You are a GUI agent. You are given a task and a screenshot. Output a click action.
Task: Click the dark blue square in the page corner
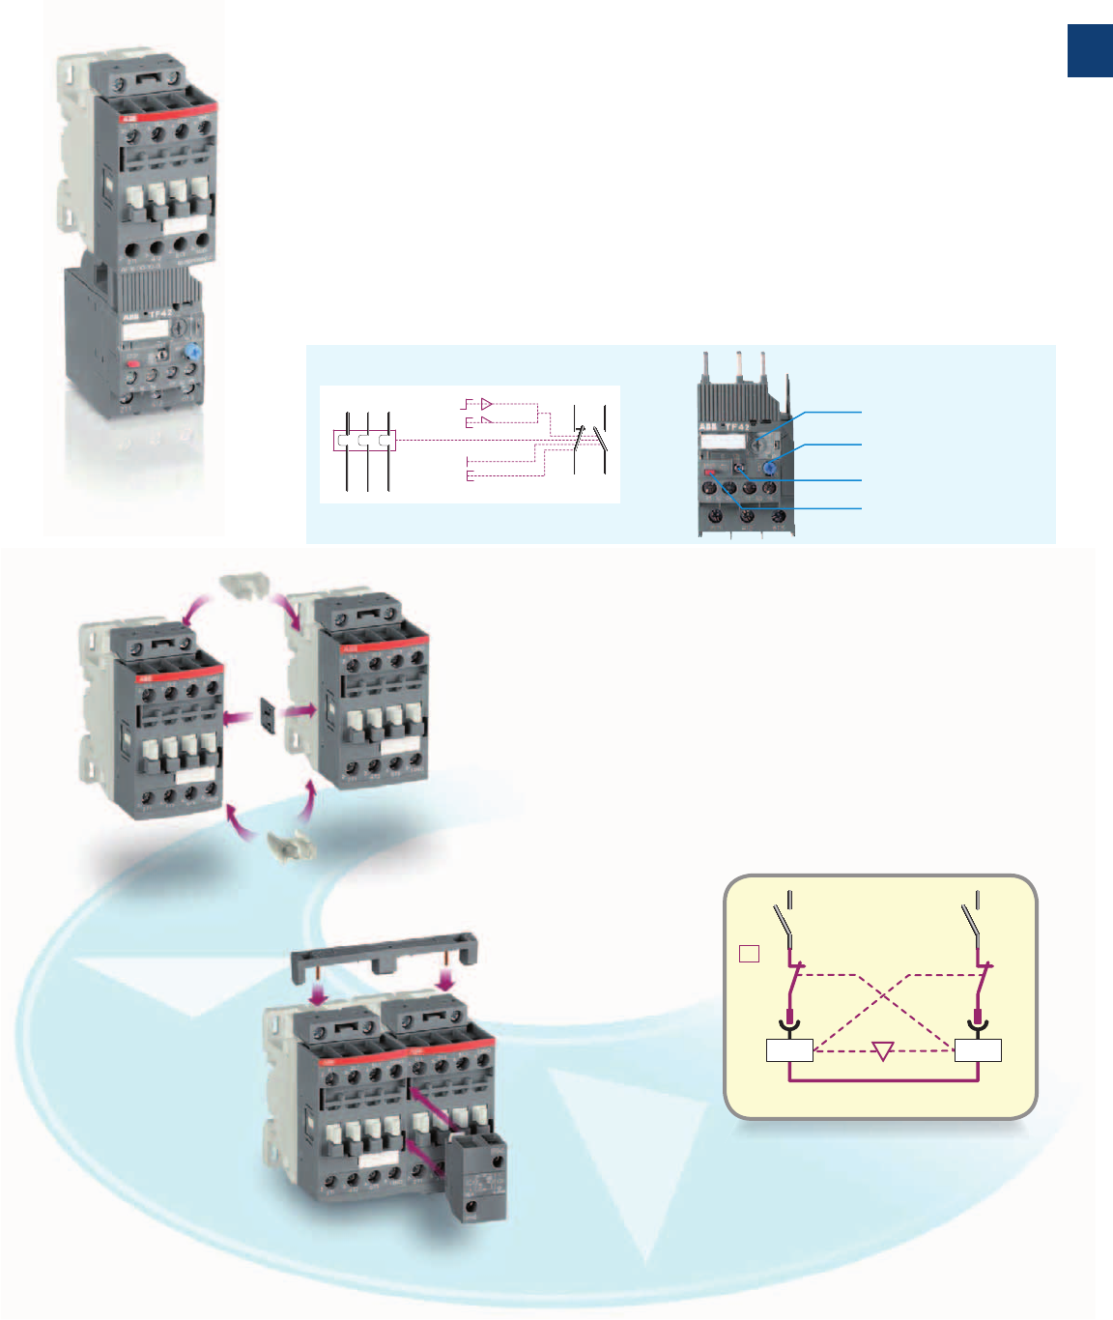[1089, 51]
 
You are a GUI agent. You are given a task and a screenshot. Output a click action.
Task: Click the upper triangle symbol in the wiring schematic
[487, 404]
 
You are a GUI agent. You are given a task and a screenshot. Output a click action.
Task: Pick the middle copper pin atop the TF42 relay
[739, 365]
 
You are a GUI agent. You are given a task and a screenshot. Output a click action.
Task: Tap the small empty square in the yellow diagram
[749, 954]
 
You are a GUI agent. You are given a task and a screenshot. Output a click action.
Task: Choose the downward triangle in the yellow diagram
[882, 1050]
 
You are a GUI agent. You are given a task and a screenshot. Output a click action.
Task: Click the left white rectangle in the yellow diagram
[789, 1050]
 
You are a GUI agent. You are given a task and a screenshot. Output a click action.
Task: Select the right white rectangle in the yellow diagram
[978, 1050]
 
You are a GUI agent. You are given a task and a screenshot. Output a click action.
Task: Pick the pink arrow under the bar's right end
[445, 980]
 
